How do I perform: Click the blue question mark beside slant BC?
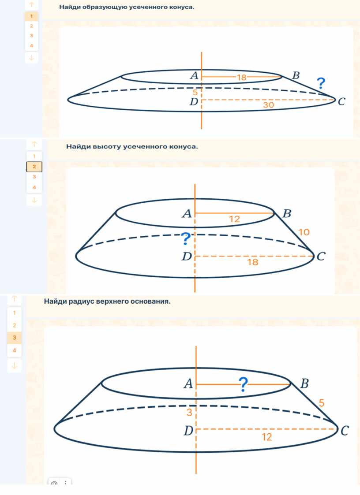click(x=321, y=83)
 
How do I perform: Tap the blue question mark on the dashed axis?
click(x=186, y=238)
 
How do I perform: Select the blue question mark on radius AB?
click(x=243, y=384)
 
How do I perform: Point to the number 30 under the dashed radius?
click(x=268, y=105)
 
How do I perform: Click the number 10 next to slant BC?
click(x=304, y=232)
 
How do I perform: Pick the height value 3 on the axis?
click(x=189, y=412)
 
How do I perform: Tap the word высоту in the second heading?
click(x=107, y=146)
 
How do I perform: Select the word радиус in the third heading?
click(x=80, y=301)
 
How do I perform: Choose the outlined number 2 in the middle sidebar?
click(x=34, y=167)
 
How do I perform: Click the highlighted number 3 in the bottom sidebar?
click(x=14, y=338)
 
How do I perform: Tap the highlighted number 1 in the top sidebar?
click(x=31, y=16)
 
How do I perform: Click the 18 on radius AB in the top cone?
click(x=241, y=77)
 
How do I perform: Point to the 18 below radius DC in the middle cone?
click(x=253, y=262)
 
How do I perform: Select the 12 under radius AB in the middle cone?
click(x=235, y=219)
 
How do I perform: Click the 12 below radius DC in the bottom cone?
click(x=267, y=437)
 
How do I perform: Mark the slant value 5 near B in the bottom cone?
click(x=322, y=403)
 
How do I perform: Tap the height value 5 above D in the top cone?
click(x=195, y=93)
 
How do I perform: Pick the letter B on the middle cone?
click(x=287, y=214)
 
